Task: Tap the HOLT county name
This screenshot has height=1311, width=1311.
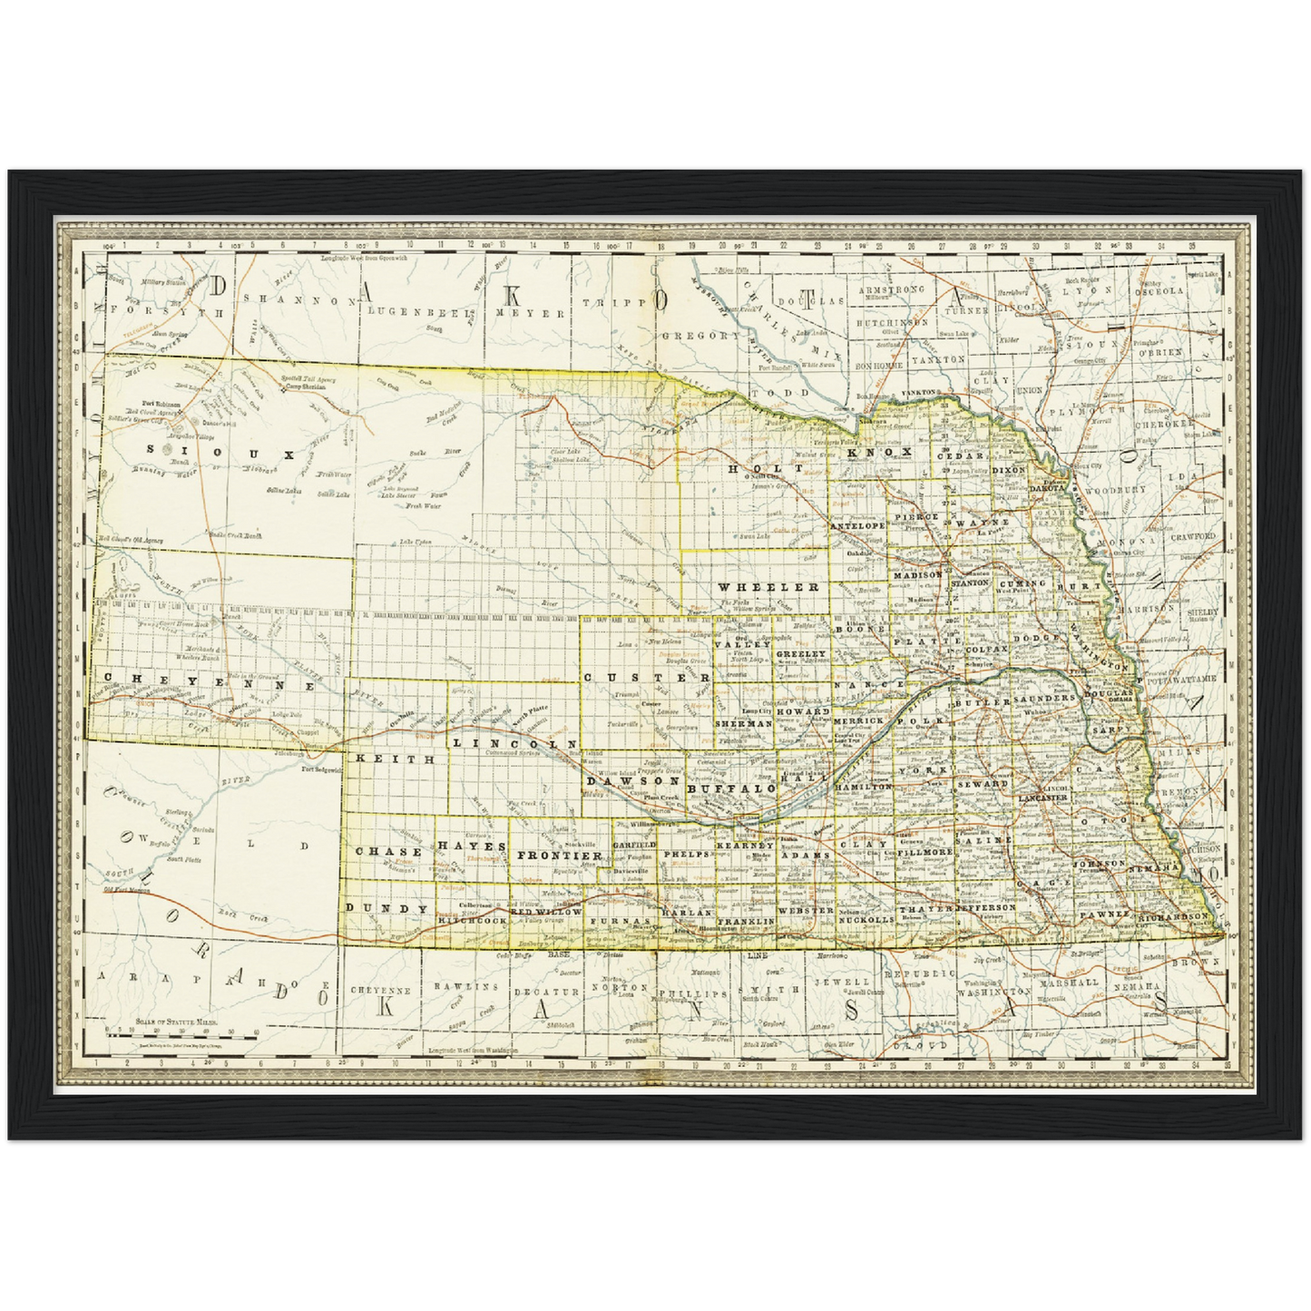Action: coord(753,468)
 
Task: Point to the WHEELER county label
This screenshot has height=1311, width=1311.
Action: coord(769,587)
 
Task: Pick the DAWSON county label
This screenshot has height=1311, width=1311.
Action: coord(632,780)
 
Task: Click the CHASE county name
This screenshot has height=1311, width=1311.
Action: coord(388,852)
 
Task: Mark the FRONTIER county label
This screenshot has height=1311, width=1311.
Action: coord(560,856)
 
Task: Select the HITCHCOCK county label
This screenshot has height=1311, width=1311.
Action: coord(472,920)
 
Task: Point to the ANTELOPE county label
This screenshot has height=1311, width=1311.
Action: coord(857,525)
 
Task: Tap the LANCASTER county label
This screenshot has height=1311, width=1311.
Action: coord(1042,797)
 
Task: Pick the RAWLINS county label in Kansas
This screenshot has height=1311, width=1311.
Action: coord(466,986)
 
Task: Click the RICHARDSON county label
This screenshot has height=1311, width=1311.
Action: coord(1175,917)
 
